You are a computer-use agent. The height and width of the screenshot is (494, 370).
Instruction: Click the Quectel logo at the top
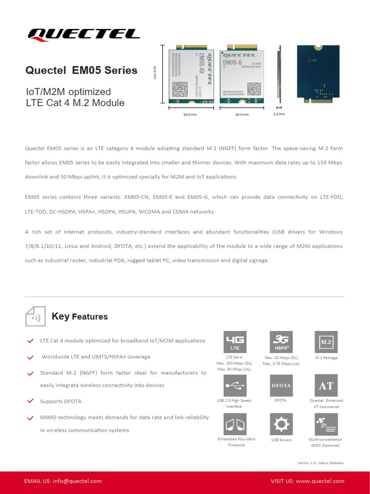tap(84, 34)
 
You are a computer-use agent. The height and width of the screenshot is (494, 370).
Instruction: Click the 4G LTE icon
tap(235, 342)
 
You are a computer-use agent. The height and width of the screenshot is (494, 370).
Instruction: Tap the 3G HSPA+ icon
tap(281, 342)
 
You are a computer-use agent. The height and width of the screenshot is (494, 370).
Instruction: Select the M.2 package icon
tap(326, 342)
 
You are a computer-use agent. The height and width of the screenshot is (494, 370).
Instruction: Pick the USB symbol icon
tap(235, 385)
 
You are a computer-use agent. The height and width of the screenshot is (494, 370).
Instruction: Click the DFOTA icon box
tap(281, 385)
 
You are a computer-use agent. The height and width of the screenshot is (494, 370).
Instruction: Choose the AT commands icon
tap(326, 385)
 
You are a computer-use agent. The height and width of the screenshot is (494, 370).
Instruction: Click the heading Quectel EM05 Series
tap(81, 70)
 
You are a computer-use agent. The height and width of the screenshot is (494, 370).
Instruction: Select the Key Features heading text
tap(79, 316)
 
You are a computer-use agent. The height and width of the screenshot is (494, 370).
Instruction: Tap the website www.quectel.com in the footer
tap(320, 481)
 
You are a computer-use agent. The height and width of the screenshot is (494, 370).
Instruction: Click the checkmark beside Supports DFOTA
tap(30, 401)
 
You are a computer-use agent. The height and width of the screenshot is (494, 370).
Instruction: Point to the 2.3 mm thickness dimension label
tap(279, 114)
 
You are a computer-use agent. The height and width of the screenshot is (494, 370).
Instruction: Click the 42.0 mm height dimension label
tap(155, 73)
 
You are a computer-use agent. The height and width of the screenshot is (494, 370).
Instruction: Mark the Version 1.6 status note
tap(320, 463)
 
